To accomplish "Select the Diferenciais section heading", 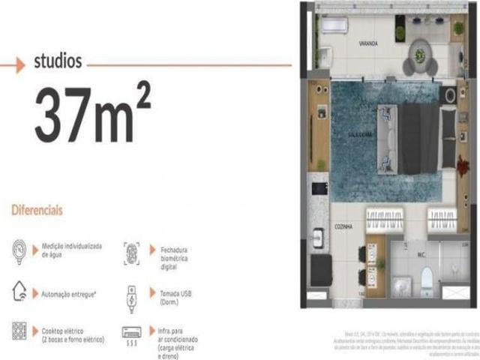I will tap(36, 210).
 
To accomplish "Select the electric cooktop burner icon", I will tap(19, 331).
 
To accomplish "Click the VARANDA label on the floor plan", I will tap(367, 44).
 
